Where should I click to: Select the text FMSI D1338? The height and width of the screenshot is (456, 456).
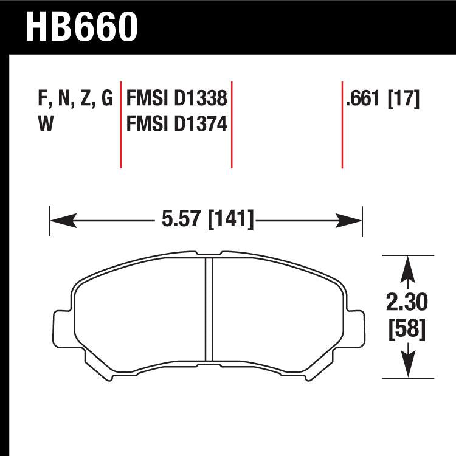tap(176, 99)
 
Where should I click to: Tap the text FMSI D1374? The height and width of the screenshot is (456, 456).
tap(176, 125)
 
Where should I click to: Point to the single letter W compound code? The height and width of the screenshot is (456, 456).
tap(45, 125)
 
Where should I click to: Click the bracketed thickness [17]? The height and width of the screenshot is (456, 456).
tap(403, 99)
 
